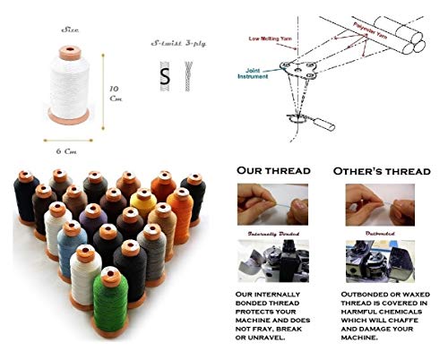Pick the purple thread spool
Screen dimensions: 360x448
tap(91, 220)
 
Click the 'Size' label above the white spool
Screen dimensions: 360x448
tap(71, 30)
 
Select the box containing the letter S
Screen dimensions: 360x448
tap(165, 77)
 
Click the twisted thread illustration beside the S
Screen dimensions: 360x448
tap(188, 77)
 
